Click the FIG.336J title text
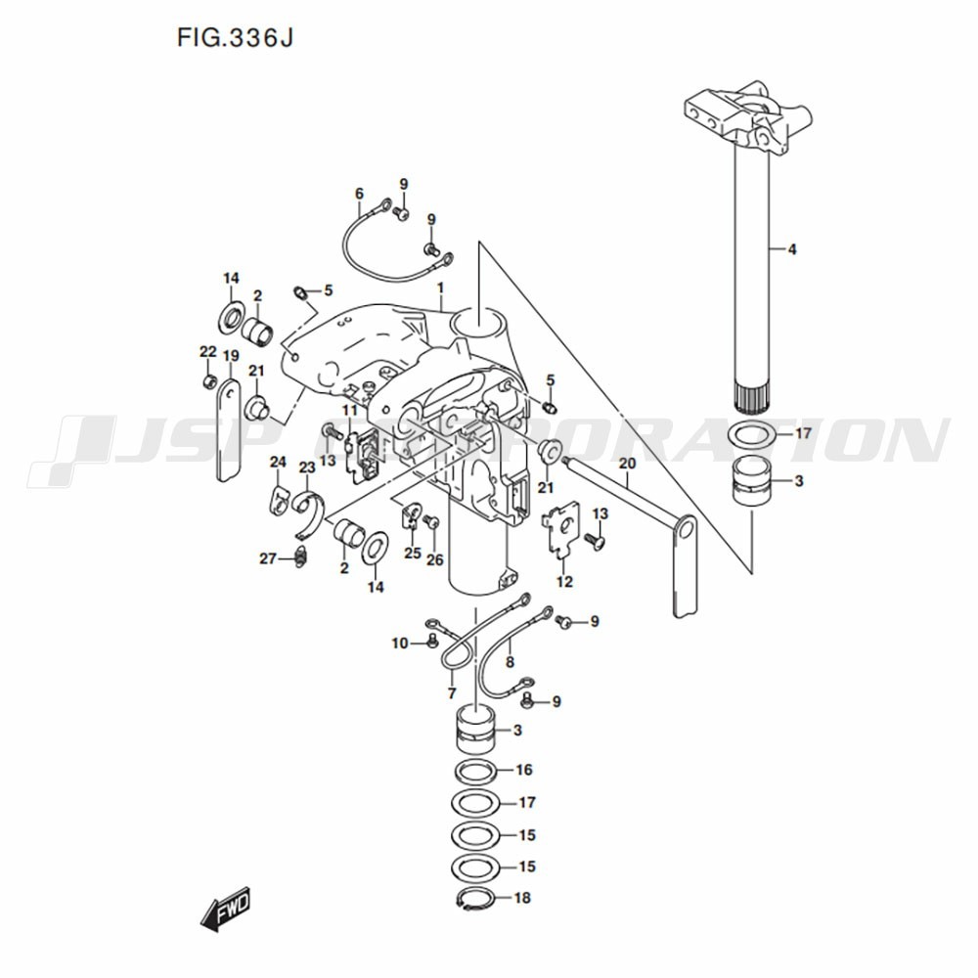pyautogui.click(x=235, y=38)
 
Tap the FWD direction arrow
pyautogui.click(x=225, y=909)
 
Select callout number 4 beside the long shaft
pyautogui.click(x=792, y=249)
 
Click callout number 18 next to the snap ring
pyautogui.click(x=522, y=898)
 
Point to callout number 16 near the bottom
pyautogui.click(x=524, y=770)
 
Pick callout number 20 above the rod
pyautogui.click(x=628, y=464)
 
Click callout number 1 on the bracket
pyautogui.click(x=440, y=289)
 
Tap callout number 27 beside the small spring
pyautogui.click(x=268, y=558)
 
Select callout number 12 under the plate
pyautogui.click(x=564, y=582)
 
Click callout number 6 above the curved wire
pyautogui.click(x=359, y=194)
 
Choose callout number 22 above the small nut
pyautogui.click(x=207, y=352)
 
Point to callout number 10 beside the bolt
pyautogui.click(x=400, y=644)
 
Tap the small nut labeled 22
pyautogui.click(x=210, y=380)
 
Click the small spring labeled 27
pyautogui.click(x=300, y=556)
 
